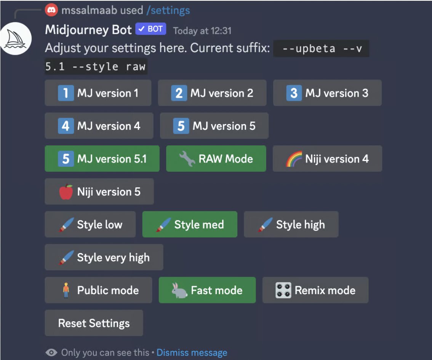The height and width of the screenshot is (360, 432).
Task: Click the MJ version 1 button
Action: [98, 93]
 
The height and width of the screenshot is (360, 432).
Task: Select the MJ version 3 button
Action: [327, 93]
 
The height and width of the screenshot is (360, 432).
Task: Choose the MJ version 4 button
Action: [99, 126]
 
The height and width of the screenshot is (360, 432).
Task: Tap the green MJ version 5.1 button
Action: [102, 159]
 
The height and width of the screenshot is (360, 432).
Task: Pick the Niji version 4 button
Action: [327, 159]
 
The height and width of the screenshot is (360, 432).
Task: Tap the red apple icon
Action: [66, 192]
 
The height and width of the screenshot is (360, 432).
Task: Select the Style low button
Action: [90, 225]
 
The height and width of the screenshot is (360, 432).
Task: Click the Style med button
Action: [190, 225]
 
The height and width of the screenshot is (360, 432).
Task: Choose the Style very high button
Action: [104, 258]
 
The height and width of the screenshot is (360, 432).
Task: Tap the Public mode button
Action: [98, 290]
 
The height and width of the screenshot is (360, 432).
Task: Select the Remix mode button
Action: [315, 290]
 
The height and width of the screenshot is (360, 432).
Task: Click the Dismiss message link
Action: [192, 353]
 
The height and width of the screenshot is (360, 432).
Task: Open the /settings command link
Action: [170, 10]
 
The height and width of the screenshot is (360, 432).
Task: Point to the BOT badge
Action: [151, 29]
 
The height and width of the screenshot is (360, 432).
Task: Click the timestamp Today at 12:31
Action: [202, 31]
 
